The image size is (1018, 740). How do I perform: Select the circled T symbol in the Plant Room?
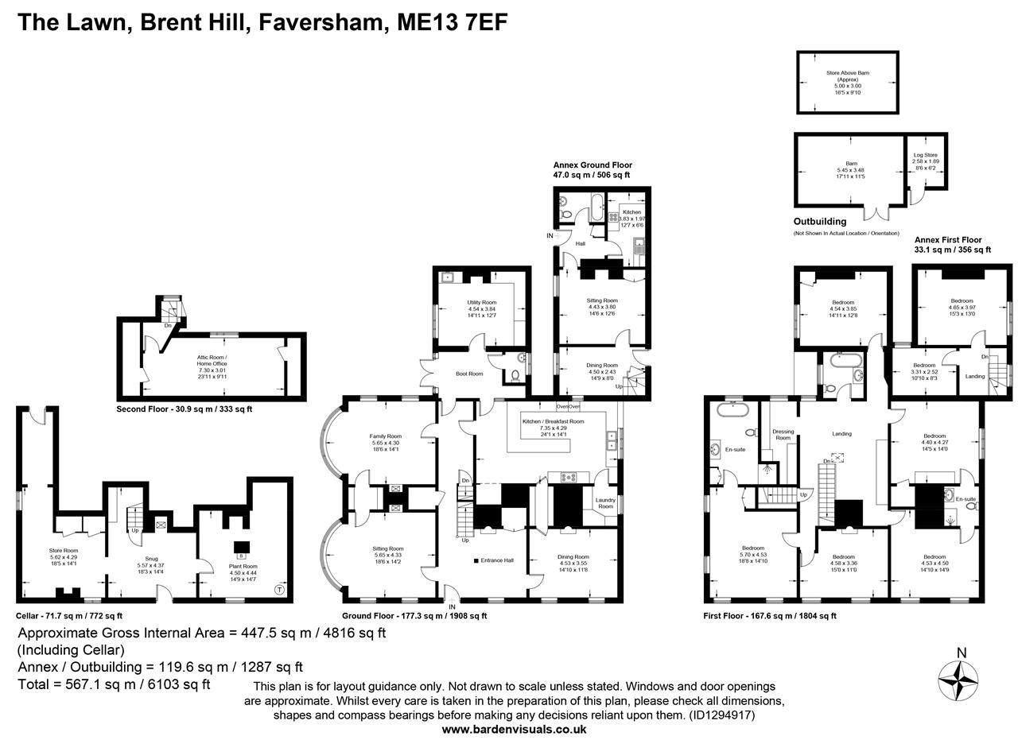pyautogui.click(x=279, y=589)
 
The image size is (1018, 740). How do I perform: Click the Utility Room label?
pyautogui.click(x=482, y=302)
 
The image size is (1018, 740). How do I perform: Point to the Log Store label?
pyautogui.click(x=925, y=155)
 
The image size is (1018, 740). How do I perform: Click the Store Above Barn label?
pyautogui.click(x=847, y=73)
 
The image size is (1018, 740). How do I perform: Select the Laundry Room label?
pyautogui.click(x=605, y=502)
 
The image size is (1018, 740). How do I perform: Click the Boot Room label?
pyautogui.click(x=469, y=374)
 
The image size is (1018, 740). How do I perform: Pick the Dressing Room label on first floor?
pyautogui.click(x=783, y=435)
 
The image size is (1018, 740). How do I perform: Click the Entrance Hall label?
pyautogui.click(x=498, y=560)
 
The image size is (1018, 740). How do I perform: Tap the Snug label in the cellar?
pyautogui.click(x=151, y=558)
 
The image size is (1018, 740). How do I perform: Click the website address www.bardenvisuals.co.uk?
pyautogui.click(x=514, y=729)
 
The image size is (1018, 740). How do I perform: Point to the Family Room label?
pyautogui.click(x=385, y=436)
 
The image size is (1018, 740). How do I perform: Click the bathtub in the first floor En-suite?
pyautogui.click(x=729, y=411)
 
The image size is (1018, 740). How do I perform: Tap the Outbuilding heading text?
pyautogui.click(x=819, y=221)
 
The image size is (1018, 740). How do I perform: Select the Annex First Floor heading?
pyautogui.click(x=948, y=239)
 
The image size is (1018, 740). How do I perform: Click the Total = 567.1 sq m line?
pyautogui.click(x=114, y=684)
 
